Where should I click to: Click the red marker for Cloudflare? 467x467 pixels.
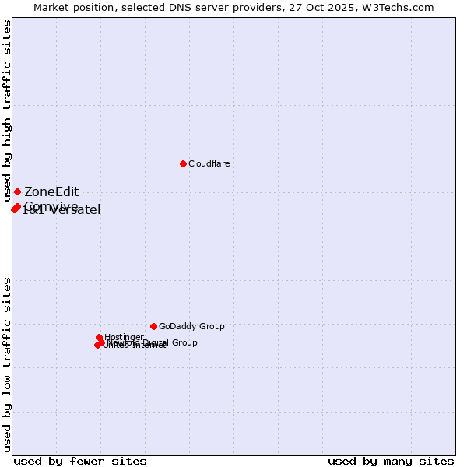click(183, 163)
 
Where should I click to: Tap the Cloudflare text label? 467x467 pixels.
click(209, 164)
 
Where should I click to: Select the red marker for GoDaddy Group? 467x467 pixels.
click(153, 326)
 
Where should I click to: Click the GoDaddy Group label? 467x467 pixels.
click(191, 327)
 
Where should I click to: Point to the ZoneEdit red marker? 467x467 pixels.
click(17, 191)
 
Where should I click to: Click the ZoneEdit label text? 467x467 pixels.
click(51, 192)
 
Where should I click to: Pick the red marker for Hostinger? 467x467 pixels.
click(99, 338)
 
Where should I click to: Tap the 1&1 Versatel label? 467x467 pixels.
click(61, 210)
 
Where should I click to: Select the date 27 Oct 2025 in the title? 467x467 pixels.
click(330, 7)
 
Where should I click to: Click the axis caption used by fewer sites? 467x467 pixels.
click(80, 462)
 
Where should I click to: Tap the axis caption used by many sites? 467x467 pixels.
click(391, 462)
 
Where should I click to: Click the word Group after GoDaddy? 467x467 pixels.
click(211, 327)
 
